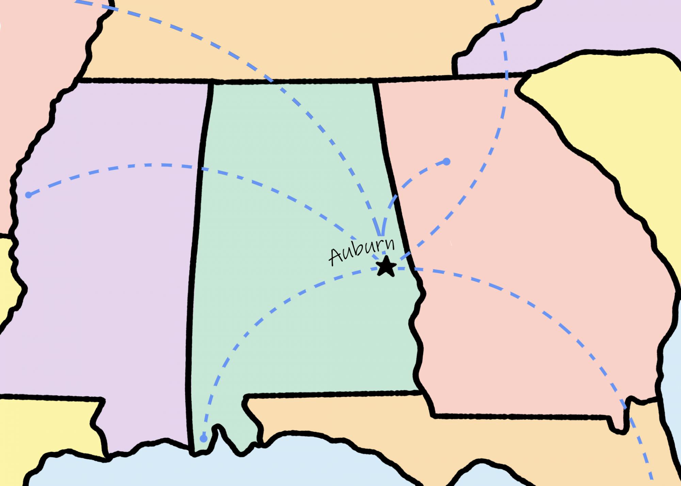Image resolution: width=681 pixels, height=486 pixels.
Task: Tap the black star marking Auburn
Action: coord(386,266)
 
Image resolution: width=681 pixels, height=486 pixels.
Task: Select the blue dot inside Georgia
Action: coord(446,162)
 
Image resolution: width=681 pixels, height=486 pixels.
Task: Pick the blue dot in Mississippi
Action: coord(29,195)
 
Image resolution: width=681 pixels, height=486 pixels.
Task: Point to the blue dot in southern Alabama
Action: coord(203,438)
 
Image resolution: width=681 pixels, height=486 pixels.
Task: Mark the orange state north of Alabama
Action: coord(272,41)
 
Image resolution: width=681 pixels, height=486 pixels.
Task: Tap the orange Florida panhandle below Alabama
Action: coord(340,415)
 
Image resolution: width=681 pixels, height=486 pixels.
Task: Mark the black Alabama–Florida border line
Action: coord(323,395)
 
